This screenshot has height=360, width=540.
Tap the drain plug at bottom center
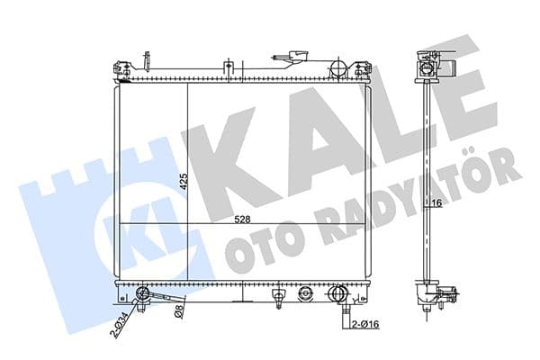click(306, 292)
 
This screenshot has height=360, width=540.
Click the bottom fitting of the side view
click(427, 296)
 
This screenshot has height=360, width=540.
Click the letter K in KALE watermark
click(234, 153)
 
